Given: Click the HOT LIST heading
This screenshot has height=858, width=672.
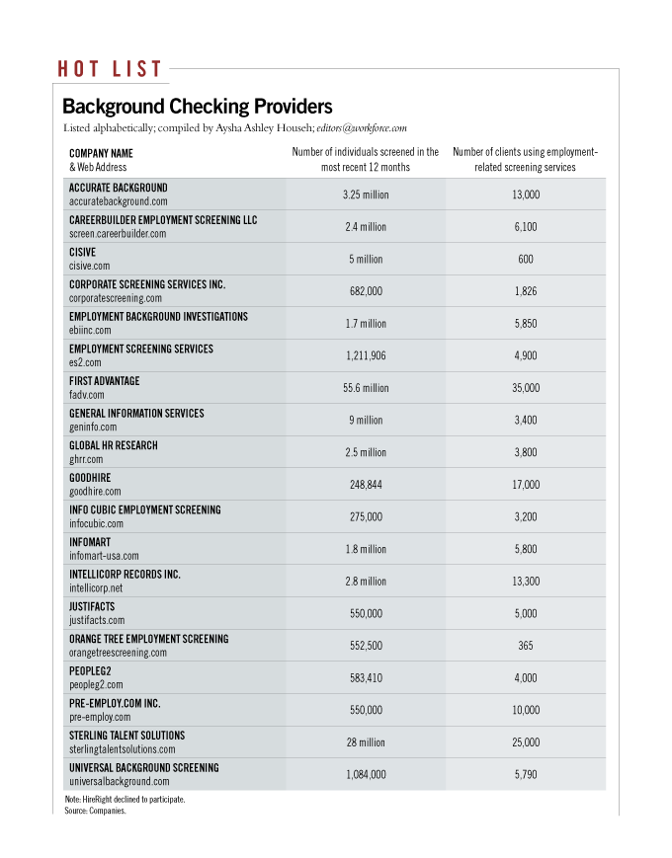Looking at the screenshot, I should point(110,69).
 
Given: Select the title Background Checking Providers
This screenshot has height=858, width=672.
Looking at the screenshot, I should point(197,107).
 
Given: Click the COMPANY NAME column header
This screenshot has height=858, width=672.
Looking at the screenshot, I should point(101,154).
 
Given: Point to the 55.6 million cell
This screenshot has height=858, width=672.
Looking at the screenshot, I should point(366,388).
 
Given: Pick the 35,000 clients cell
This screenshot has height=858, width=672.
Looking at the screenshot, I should point(526,388).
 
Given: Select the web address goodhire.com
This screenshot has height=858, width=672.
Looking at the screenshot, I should point(95,491).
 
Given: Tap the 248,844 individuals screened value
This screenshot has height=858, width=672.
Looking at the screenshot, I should point(366,485).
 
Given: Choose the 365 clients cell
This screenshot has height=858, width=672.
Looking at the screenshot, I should point(526,646).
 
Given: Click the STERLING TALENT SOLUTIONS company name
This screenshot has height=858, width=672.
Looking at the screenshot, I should point(126,736).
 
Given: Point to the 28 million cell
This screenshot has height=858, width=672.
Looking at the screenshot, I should point(366,742).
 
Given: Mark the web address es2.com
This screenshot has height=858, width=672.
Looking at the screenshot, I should point(87,362).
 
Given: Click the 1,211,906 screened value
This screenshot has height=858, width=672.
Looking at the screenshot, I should point(366,355).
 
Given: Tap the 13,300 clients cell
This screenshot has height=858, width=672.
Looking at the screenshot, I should point(526,582).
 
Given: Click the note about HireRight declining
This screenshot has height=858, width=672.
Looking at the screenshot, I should point(118,799).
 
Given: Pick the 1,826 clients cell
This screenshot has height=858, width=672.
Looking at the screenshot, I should point(526,291).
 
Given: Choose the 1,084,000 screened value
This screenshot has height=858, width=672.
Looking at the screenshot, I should point(366,775).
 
